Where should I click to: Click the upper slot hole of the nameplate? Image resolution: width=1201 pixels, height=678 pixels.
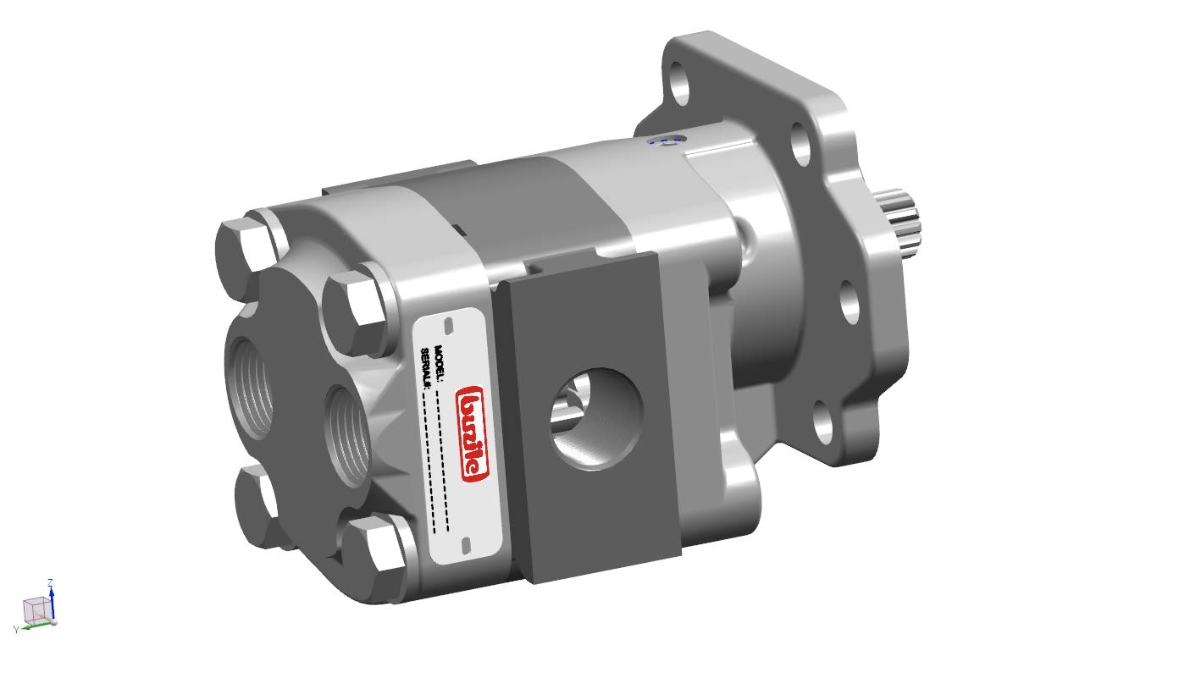[450, 325]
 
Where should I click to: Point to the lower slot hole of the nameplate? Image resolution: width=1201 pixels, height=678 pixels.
[463, 546]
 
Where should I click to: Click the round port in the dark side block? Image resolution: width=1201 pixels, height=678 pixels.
[596, 418]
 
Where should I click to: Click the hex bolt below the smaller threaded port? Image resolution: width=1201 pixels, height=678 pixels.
[376, 554]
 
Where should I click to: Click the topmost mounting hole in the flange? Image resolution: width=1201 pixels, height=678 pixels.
[679, 85]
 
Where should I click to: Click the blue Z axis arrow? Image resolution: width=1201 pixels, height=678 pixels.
[52, 598]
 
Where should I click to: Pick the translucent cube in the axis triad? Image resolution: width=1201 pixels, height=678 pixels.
[35, 609]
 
